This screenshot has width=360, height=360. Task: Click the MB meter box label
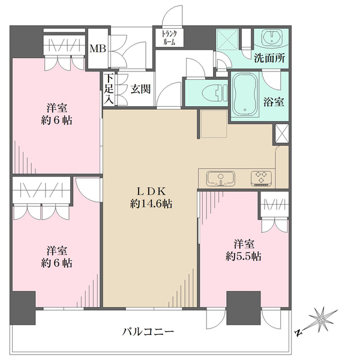pyautogui.click(x=98, y=49)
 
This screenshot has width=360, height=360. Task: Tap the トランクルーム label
pyautogui.click(x=169, y=38)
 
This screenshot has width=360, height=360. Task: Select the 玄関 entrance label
pyautogui.click(x=140, y=89)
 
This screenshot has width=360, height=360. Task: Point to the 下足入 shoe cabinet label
pyautogui.click(x=109, y=89)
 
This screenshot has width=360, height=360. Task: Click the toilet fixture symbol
pyautogui.click(x=215, y=93)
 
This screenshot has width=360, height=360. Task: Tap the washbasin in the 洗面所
pyautogui.click(x=272, y=37)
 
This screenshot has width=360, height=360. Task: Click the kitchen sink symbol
pyautogui.click(x=221, y=178)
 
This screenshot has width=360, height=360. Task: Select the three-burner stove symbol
pyautogui.click(x=262, y=178)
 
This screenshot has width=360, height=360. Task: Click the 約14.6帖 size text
pyautogui.click(x=151, y=203)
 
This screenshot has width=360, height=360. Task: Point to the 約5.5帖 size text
pyautogui.click(x=244, y=256)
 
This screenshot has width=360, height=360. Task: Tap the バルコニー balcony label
pyautogui.click(x=148, y=332)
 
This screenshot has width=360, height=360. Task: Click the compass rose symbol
pyautogui.click(x=322, y=319)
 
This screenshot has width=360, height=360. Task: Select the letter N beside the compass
pyautogui.click(x=298, y=332)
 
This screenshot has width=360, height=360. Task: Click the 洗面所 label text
pyautogui.click(x=269, y=58)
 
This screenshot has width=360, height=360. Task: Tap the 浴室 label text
pyautogui.click(x=274, y=102)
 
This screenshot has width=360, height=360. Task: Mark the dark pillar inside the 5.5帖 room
pyautogui.click(x=244, y=308)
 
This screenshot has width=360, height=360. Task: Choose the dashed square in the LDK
pyautogui.click(x=214, y=124)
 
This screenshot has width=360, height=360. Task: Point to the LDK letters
pyautogui.click(x=151, y=191)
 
